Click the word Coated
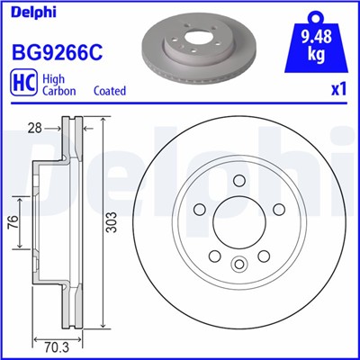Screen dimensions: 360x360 tap(110, 91)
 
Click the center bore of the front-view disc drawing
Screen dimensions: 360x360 tap(238, 220)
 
